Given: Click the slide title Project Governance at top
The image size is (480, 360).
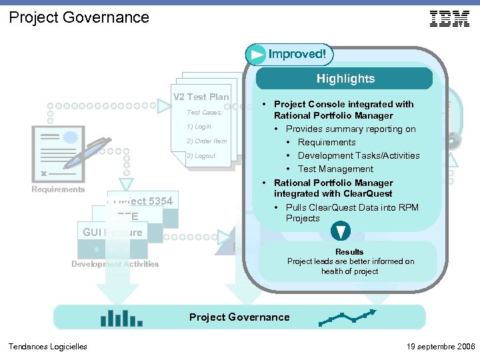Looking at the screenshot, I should point(79,17).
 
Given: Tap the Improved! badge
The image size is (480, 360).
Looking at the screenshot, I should point(289,54).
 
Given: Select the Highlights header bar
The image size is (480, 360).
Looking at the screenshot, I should point(345,79).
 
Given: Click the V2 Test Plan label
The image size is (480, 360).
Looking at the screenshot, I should point(201,97).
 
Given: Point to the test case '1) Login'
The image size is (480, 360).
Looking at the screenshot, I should point(199,127).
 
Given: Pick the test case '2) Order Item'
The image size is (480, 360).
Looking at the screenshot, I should point(207,141).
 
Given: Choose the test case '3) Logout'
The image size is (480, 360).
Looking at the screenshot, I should point(201,156).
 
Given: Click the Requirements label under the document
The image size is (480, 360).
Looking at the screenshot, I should point(58,189).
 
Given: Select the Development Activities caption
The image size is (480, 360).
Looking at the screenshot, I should point(115,264).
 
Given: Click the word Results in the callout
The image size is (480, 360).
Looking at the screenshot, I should point(349,252).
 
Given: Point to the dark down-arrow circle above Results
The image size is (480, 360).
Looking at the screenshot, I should point(341,231).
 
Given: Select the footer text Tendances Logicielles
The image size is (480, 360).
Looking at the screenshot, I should point(47,347).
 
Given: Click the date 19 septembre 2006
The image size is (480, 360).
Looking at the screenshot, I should point(440,347).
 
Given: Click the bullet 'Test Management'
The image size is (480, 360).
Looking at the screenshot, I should point(335,169).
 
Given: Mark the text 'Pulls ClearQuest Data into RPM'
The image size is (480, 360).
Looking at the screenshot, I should point(352,207).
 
